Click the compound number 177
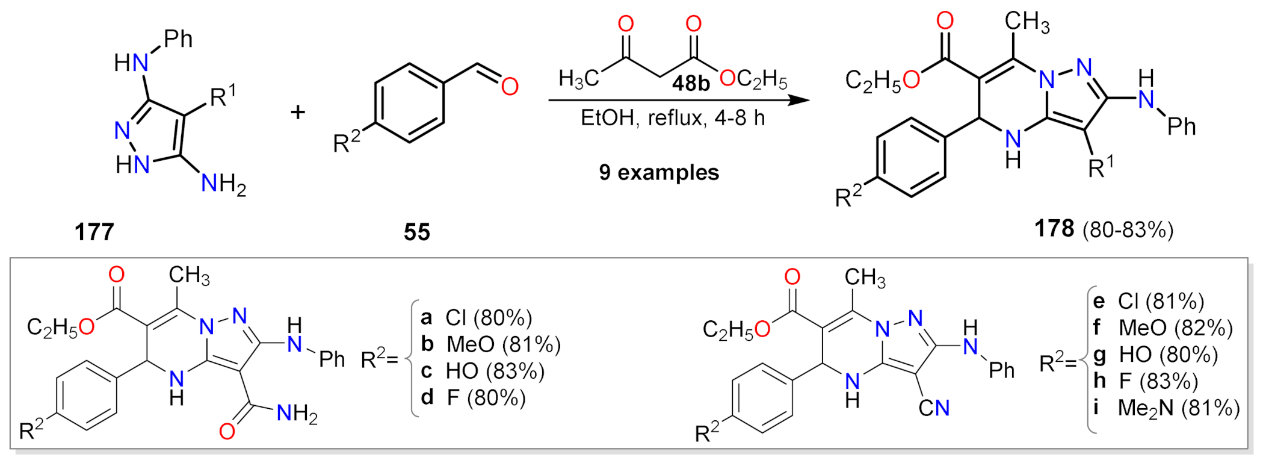[x=94, y=232]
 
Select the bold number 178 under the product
[x=1054, y=229]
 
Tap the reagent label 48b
[x=690, y=83]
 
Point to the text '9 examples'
[x=659, y=173]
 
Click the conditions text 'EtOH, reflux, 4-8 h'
[x=673, y=117]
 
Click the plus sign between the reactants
[x=298, y=112]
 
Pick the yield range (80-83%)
[x=1128, y=230]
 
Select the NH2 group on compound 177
[x=223, y=184]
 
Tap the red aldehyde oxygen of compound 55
[x=510, y=87]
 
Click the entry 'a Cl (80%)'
[x=477, y=317]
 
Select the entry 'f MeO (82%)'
[x=1163, y=328]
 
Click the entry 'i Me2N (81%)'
[x=1166, y=408]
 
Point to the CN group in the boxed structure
[x=934, y=408]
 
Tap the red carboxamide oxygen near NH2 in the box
[x=227, y=431]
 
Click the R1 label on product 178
[x=1101, y=168]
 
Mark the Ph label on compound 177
[x=178, y=40]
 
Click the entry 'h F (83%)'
[x=1146, y=381]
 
